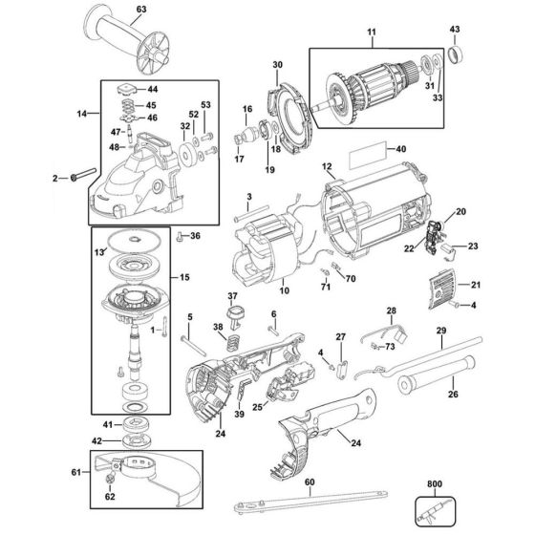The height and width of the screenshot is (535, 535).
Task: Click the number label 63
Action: pyautogui.click(x=141, y=11)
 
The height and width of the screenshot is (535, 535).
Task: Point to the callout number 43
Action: pyautogui.click(x=455, y=29)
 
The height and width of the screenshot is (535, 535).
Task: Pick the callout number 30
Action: pyautogui.click(x=278, y=65)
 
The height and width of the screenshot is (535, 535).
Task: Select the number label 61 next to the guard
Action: pyautogui.click(x=75, y=472)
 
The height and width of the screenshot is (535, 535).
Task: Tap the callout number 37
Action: pyautogui.click(x=230, y=296)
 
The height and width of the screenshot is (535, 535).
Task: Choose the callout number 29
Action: pyautogui.click(x=440, y=331)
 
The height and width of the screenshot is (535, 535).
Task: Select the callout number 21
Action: pyautogui.click(x=475, y=285)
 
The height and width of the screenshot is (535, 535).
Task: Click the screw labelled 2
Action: pyautogui.click(x=77, y=176)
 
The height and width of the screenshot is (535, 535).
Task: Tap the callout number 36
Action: pyautogui.click(x=195, y=236)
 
